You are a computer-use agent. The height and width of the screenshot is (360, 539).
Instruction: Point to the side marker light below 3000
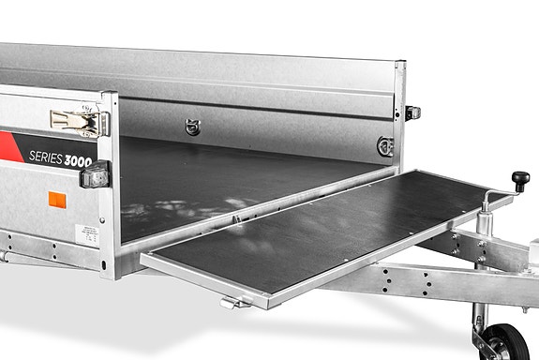[97, 174]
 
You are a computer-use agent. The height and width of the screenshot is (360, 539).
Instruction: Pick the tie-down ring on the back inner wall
[193, 127]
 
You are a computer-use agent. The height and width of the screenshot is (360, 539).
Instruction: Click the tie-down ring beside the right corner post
[383, 145]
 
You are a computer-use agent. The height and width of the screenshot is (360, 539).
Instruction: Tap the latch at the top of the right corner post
[412, 112]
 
